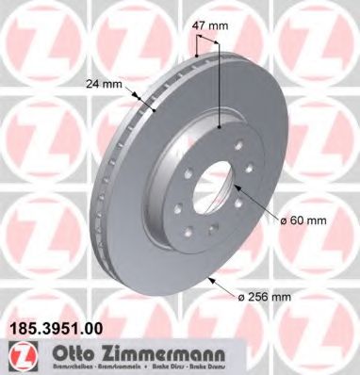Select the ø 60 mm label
point(303,220)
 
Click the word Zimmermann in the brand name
point(160,351)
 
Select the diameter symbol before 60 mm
point(283,220)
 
